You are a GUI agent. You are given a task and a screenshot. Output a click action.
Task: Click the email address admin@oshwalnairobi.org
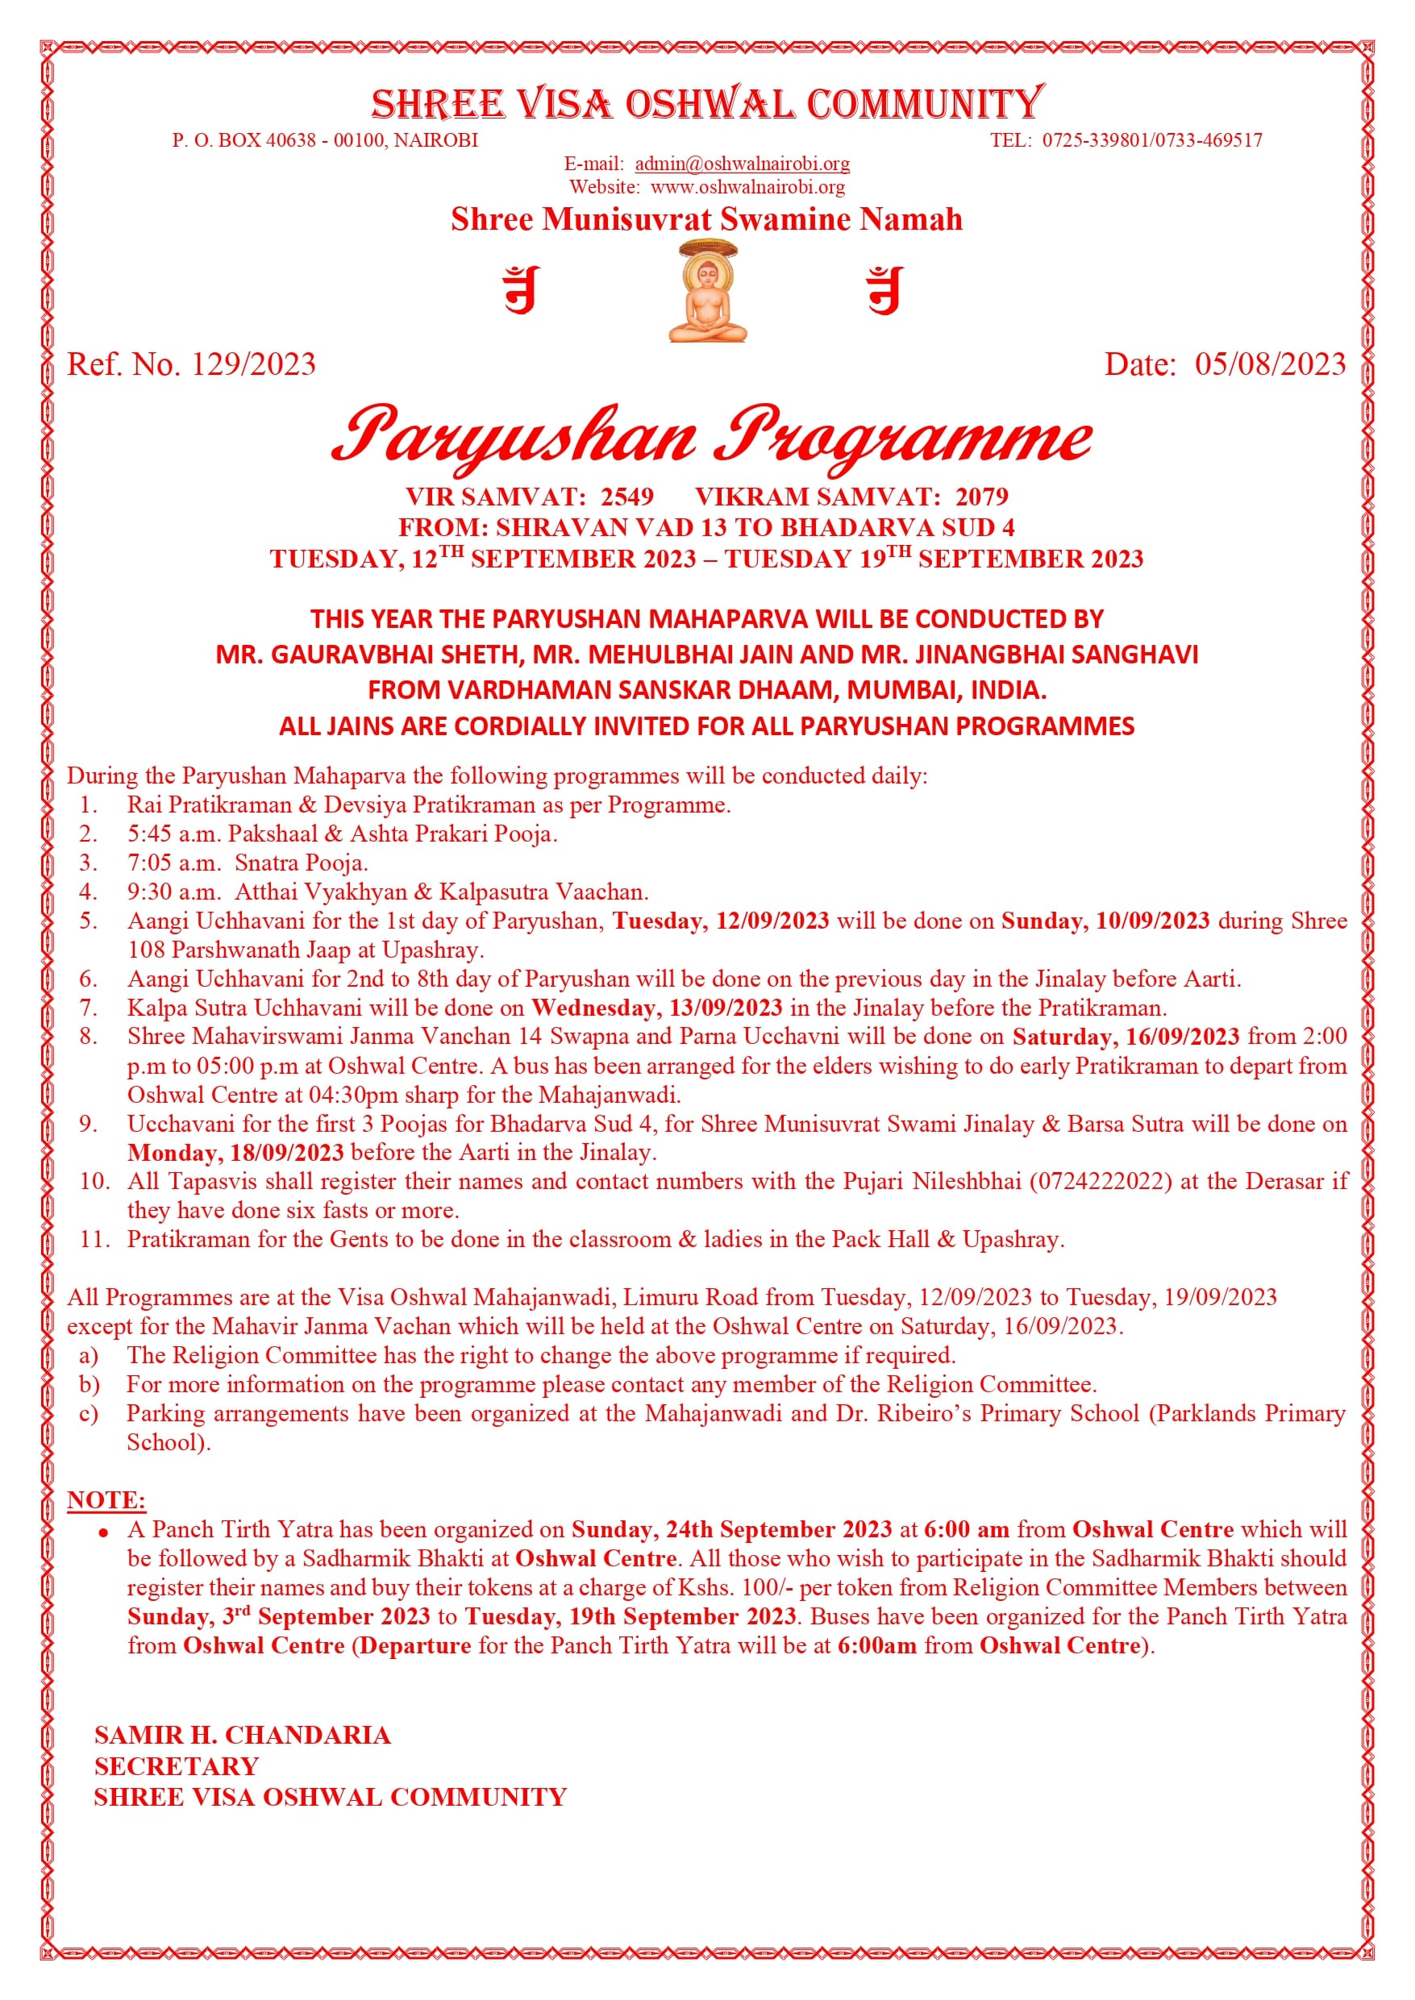743,164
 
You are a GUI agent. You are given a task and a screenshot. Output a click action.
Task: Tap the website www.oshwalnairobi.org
747,187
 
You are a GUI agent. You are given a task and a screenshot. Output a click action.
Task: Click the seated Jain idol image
708,292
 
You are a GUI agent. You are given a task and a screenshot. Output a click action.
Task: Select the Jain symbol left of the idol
522,290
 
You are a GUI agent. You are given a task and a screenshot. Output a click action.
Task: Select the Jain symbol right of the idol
884,290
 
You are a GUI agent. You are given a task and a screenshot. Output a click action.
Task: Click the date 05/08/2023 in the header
1270,364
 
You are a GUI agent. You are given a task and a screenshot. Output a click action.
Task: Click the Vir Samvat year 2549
626,497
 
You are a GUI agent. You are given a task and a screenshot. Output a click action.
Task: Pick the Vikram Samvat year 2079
981,497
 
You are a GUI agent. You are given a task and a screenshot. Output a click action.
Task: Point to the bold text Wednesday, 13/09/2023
657,1008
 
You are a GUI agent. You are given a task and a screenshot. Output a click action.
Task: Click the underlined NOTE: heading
106,1500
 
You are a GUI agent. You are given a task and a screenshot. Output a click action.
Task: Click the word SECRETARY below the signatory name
177,1765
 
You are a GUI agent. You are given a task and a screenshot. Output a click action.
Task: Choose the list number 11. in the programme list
95,1240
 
